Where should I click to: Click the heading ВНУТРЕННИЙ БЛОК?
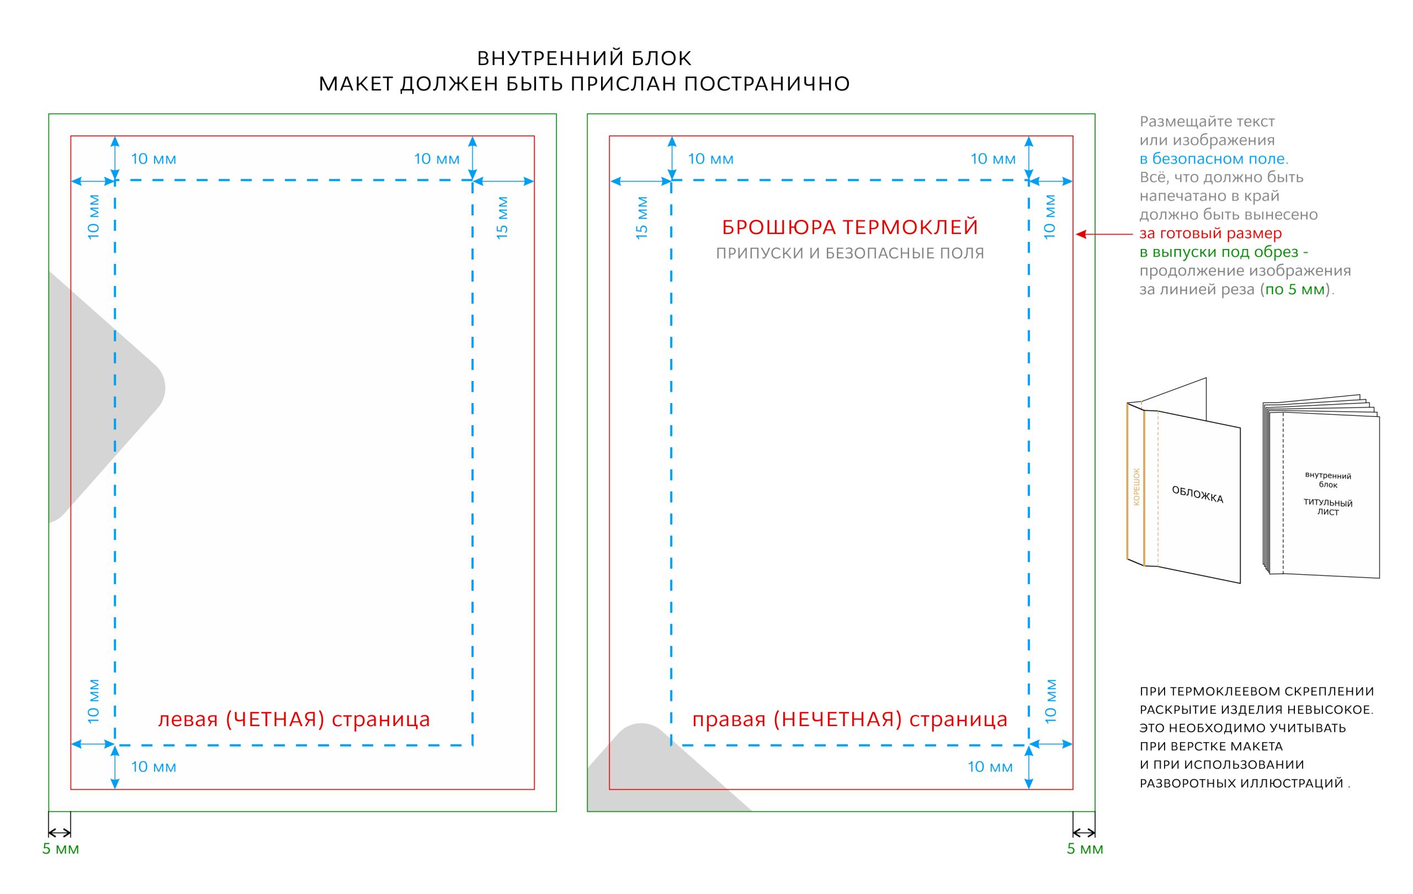point(584,58)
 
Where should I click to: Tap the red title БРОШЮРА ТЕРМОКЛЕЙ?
point(849,227)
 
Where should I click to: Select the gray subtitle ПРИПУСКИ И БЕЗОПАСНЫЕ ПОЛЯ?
point(849,253)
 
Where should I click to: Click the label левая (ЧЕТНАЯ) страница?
point(294,719)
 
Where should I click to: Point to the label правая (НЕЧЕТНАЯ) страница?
point(849,719)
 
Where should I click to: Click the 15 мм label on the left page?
point(502,218)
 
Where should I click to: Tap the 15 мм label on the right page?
point(641,218)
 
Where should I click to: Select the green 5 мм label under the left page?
point(61,849)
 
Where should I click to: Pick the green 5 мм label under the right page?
point(1085,849)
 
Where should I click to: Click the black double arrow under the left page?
point(59,832)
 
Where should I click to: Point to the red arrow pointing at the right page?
point(1104,234)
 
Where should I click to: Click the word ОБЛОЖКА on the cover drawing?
point(1198,494)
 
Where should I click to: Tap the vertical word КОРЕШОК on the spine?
point(1136,486)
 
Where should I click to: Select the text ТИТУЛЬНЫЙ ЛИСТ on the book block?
point(1328,507)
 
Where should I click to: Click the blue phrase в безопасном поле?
point(1214,158)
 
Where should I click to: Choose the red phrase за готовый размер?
point(1210,233)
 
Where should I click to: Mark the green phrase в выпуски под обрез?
point(1219,252)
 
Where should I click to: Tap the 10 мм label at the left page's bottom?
point(153,766)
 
